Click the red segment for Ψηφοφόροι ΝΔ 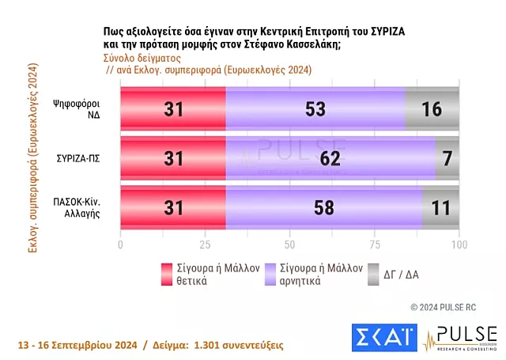coord(172,109)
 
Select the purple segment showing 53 coord(315,109)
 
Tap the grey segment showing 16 coord(432,109)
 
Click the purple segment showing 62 coord(330,158)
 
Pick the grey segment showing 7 coord(447,158)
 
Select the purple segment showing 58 coord(323,208)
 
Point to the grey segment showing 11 coord(440,208)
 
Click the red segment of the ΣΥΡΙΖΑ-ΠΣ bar coord(172,158)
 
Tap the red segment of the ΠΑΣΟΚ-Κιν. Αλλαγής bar coord(172,208)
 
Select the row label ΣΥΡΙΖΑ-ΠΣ coord(77,159)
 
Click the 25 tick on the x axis coord(205,244)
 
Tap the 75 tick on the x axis coord(374,244)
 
